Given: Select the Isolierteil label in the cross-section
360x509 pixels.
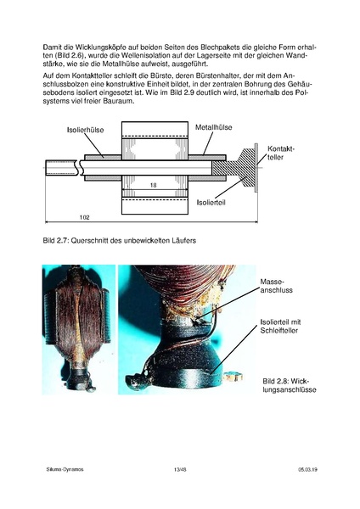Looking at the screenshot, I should coord(211,203).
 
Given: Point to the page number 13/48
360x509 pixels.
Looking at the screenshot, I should coord(179,467).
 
